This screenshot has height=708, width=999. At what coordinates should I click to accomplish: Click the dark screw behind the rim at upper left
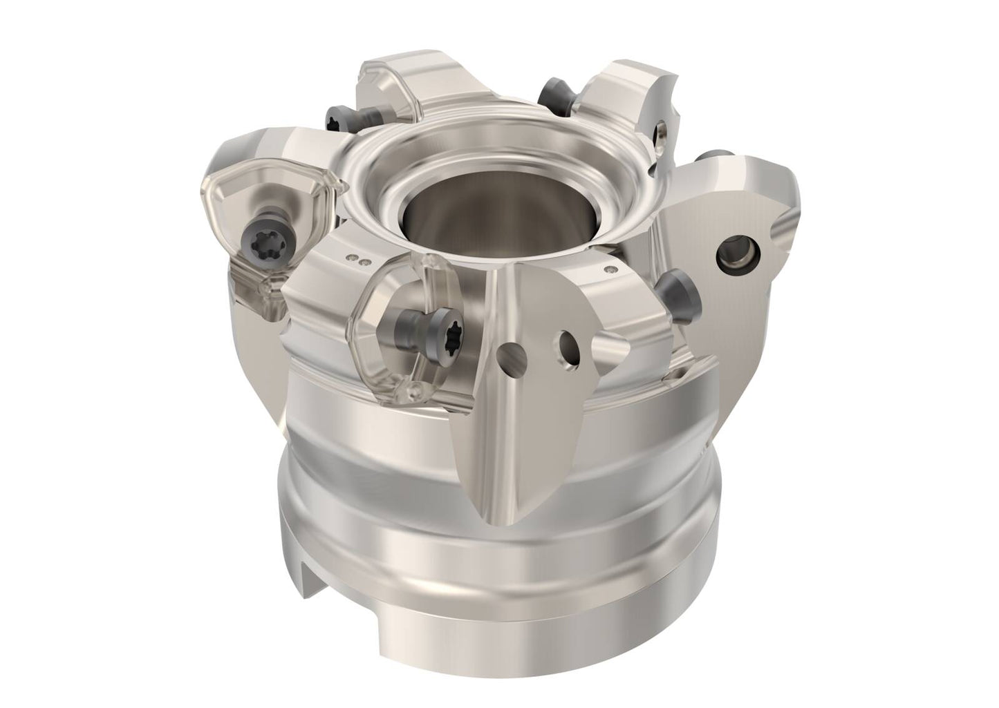[x=339, y=118]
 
